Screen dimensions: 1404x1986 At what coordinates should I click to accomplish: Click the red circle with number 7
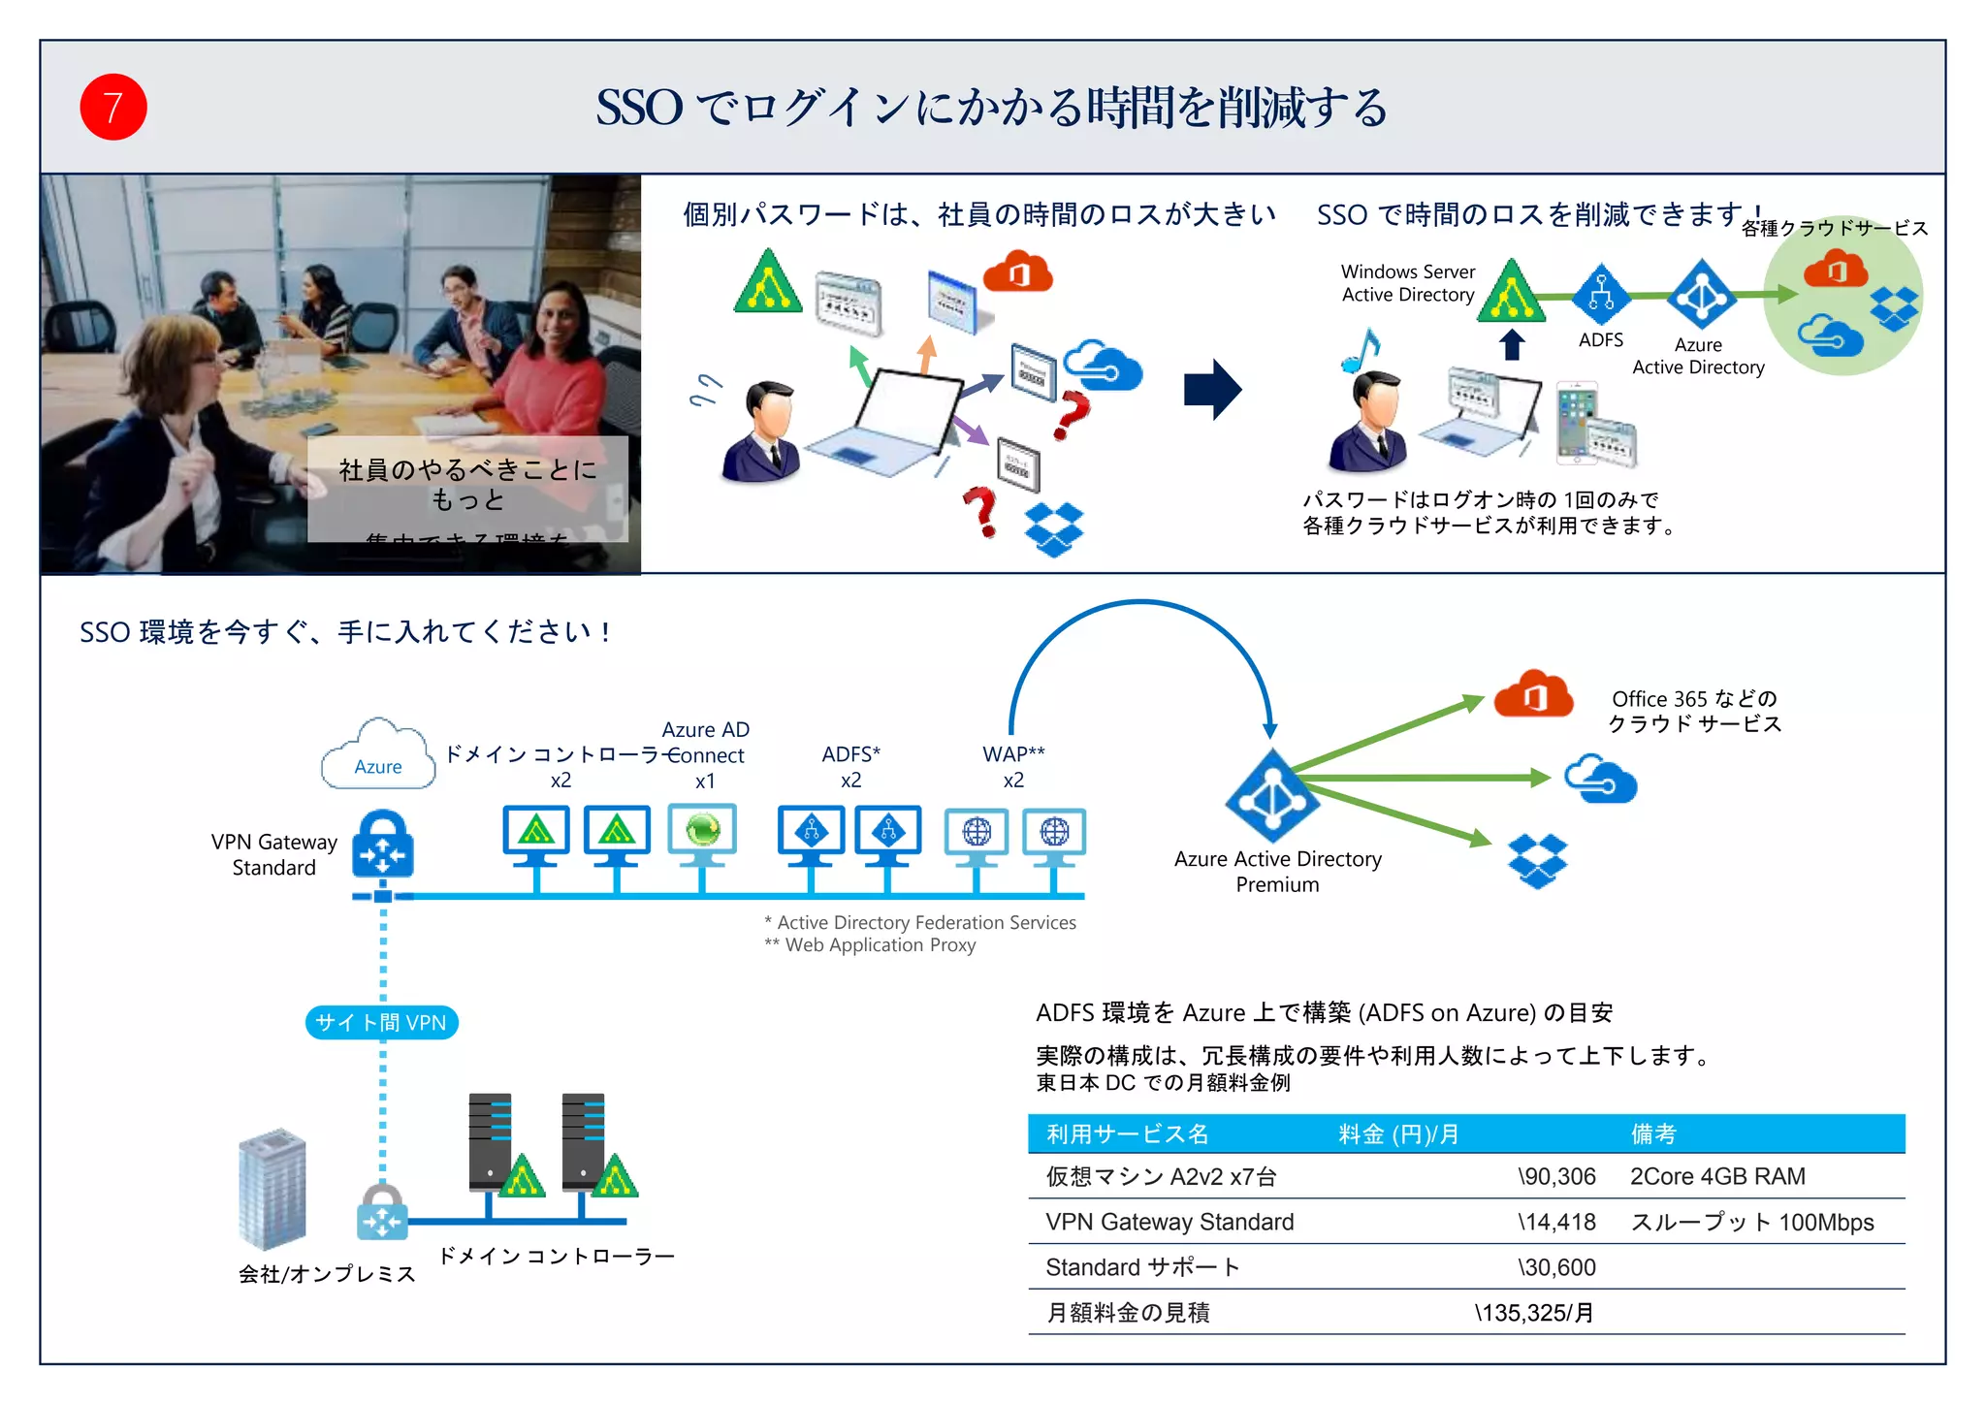(x=113, y=108)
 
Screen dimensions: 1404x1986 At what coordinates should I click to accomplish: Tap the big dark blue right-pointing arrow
(x=1212, y=390)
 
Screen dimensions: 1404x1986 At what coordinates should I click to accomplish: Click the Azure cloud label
(x=377, y=766)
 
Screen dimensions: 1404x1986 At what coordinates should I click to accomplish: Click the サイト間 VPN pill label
(x=381, y=1022)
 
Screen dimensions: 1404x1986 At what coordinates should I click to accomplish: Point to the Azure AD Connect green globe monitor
(x=702, y=832)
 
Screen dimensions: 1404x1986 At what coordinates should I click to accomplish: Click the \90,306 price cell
(x=1555, y=1176)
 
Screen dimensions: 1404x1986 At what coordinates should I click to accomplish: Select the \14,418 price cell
(x=1555, y=1222)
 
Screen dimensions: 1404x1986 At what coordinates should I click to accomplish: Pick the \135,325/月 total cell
(x=1533, y=1313)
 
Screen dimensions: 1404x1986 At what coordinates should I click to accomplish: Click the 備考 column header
(x=1652, y=1133)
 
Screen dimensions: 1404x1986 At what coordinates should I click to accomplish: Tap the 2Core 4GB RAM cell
(x=1716, y=1176)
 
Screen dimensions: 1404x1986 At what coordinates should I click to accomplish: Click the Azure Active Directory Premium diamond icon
(x=1271, y=795)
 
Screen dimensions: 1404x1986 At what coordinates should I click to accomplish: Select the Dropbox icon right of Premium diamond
(x=1537, y=860)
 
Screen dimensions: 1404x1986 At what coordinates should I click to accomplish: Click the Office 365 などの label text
(x=1693, y=699)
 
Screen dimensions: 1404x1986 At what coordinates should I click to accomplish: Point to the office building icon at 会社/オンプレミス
(x=272, y=1189)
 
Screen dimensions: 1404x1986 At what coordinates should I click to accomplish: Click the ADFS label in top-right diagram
(x=1600, y=340)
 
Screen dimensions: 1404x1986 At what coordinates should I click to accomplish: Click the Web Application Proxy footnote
(x=870, y=945)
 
